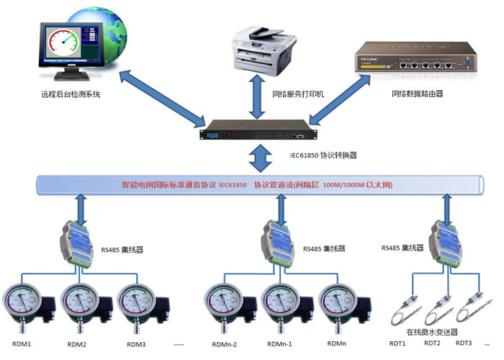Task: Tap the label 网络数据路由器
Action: coord(417,94)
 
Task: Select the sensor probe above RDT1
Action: coord(407,310)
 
